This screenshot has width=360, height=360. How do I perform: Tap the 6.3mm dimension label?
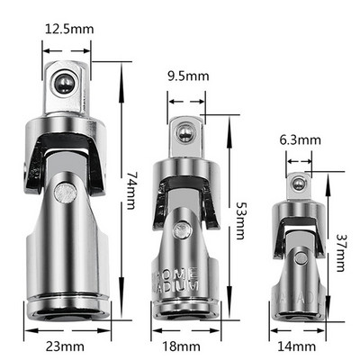click(300, 139)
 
